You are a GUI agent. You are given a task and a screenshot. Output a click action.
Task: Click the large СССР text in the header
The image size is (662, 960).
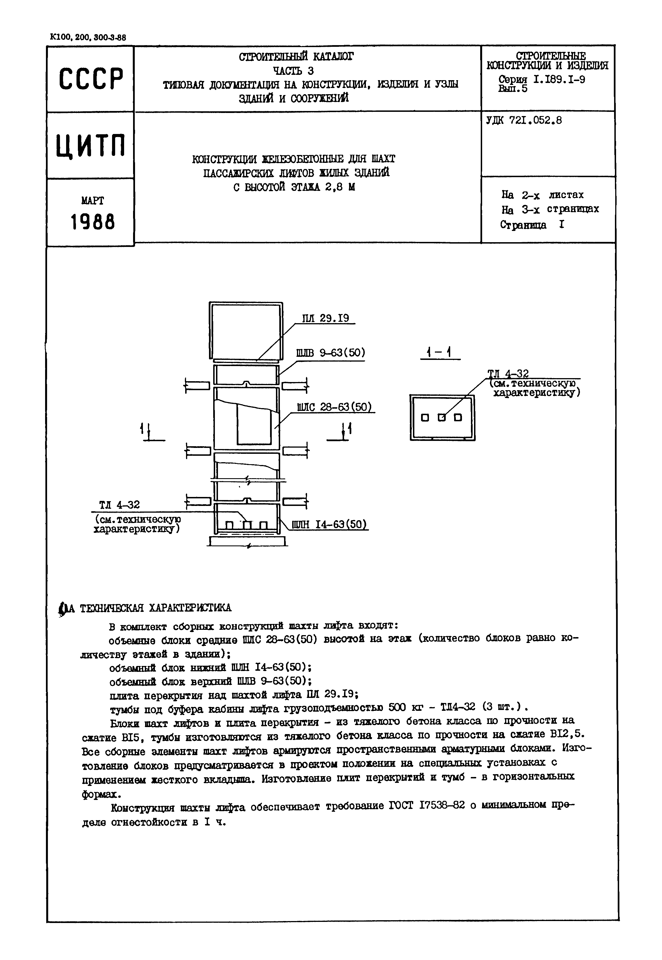91,79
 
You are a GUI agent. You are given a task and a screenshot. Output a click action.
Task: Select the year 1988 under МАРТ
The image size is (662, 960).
92,222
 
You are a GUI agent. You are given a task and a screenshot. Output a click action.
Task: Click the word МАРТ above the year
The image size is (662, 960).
92,201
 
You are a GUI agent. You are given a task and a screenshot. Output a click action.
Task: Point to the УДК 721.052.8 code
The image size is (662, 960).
524,121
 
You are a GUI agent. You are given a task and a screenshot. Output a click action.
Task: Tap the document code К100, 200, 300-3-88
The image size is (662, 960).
88,37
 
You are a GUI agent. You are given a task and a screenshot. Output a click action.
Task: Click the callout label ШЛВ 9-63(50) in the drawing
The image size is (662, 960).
331,353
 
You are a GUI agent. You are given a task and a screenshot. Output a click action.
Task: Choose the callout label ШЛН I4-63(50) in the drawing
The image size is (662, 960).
330,525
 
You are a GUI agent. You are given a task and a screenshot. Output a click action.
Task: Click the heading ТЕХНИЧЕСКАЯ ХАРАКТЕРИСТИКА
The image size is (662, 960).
155,608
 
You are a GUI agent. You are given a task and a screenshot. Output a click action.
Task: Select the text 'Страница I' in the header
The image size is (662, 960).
532,225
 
